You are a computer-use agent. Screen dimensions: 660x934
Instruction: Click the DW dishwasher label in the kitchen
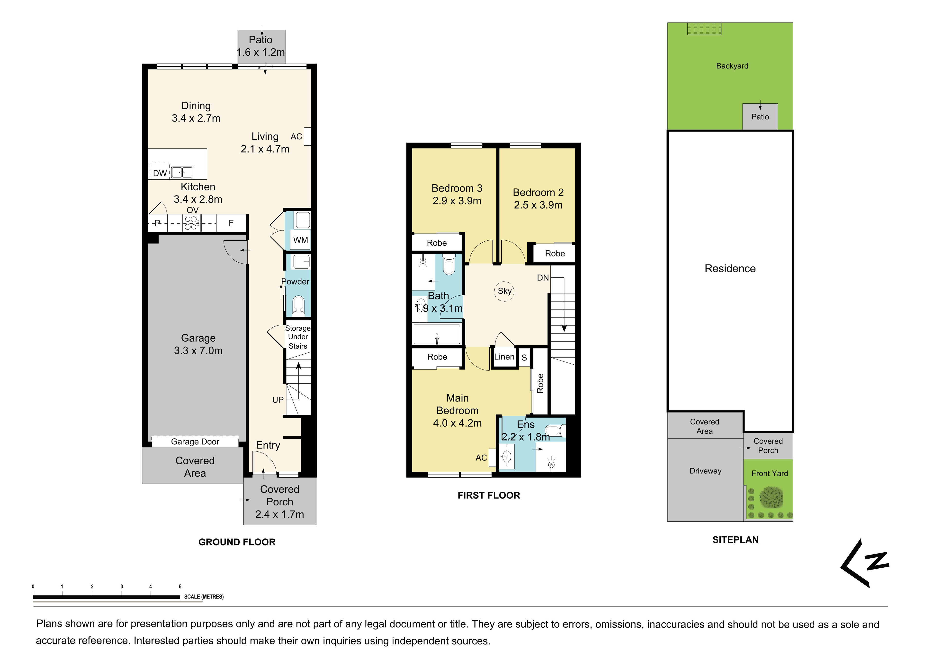pyautogui.click(x=160, y=173)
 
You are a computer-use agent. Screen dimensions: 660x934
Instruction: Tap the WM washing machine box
pyautogui.click(x=301, y=240)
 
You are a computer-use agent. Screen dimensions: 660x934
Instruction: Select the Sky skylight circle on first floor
pyautogui.click(x=504, y=291)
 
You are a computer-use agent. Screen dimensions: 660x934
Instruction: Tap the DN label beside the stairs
pyautogui.click(x=543, y=278)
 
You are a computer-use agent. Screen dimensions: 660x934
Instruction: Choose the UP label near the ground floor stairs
pyautogui.click(x=278, y=400)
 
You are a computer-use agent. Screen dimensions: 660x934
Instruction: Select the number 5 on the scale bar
pyautogui.click(x=180, y=586)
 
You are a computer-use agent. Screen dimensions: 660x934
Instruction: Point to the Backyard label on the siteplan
pyautogui.click(x=732, y=66)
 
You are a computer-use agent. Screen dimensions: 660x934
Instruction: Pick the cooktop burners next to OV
pyautogui.click(x=191, y=223)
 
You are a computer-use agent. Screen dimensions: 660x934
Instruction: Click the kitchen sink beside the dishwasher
pyautogui.click(x=182, y=172)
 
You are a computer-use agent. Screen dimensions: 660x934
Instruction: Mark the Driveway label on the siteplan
pyautogui.click(x=705, y=471)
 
